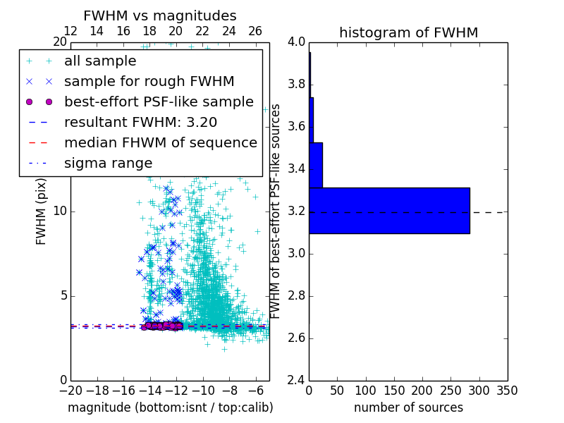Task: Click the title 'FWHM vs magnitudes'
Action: [159, 16]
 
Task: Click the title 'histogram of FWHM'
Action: [408, 32]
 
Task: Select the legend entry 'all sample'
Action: [100, 61]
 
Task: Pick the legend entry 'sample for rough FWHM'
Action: [149, 81]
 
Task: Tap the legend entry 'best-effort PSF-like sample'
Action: [159, 102]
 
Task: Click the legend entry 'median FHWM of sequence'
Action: [160, 142]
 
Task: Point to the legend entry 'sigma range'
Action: [108, 163]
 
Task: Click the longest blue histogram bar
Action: [389, 210]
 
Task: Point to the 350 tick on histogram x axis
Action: [507, 391]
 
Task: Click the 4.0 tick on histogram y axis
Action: [297, 42]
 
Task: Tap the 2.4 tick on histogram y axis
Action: [297, 380]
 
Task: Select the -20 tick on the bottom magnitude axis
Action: [70, 391]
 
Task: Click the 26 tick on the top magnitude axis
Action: [255, 31]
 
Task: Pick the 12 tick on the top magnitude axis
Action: [70, 31]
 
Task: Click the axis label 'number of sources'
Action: [408, 407]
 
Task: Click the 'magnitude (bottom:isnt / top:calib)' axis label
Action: [170, 407]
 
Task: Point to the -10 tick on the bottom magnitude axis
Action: [203, 391]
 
